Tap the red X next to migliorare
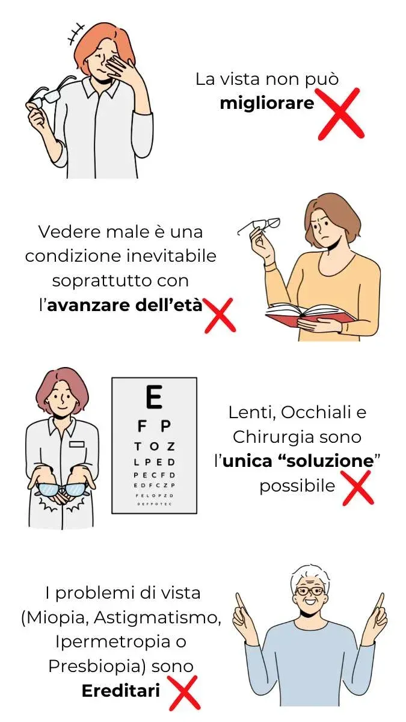point(340,114)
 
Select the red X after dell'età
point(220,315)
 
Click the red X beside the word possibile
point(358,488)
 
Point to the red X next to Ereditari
point(183,693)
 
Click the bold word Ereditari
point(121,691)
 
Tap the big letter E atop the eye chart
point(154,396)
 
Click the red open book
point(310,314)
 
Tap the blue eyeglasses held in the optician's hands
point(61,490)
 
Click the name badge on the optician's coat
point(77,444)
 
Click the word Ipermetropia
point(111,643)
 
